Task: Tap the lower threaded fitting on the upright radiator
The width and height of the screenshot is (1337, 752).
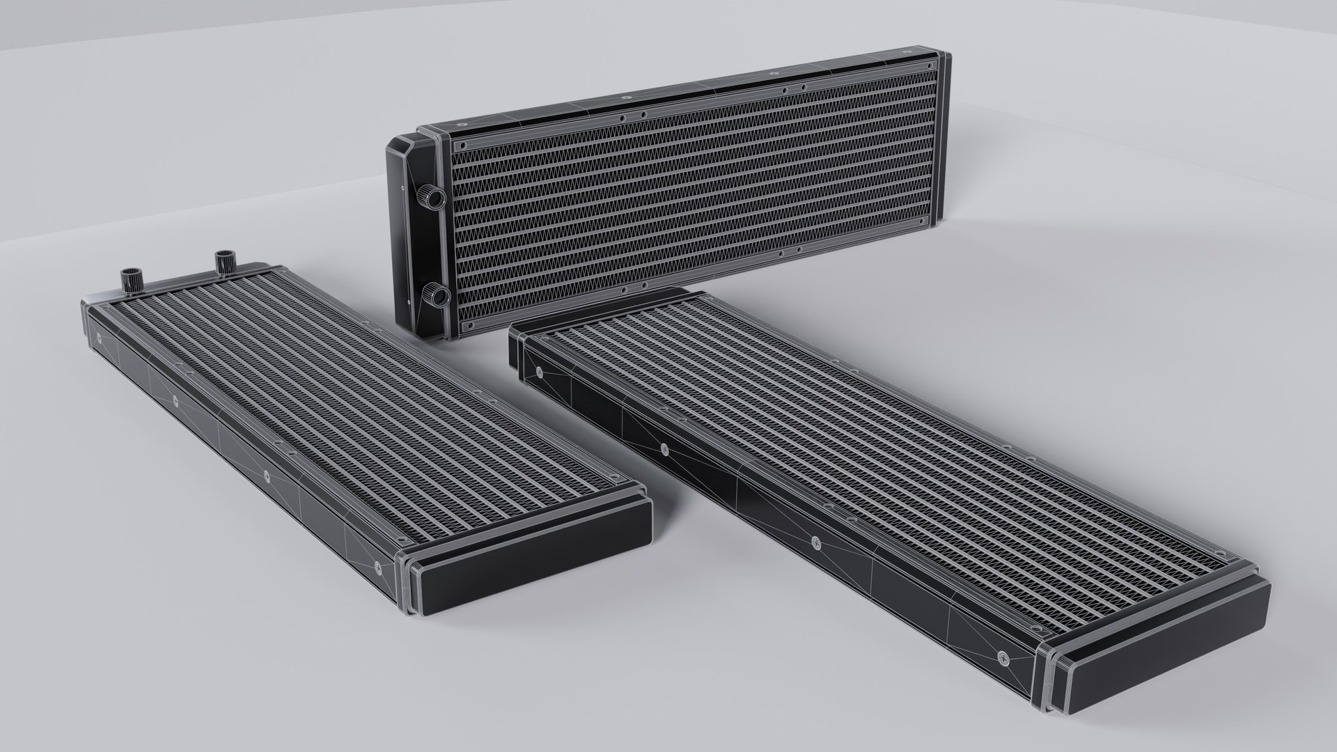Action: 437,297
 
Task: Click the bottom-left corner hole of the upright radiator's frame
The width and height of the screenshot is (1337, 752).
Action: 465,324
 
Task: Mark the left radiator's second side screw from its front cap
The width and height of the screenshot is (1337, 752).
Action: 266,476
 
